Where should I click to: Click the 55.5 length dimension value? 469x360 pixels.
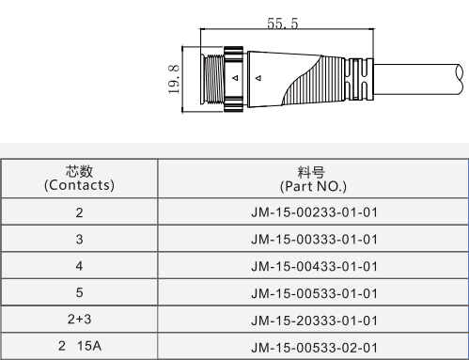[x=283, y=23]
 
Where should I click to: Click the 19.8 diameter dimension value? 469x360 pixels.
[x=174, y=79]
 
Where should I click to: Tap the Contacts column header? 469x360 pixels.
[x=79, y=179]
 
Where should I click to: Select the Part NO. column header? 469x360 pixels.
[x=313, y=180]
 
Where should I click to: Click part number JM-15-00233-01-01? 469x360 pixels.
[x=314, y=212]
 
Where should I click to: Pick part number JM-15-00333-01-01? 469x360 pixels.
[x=314, y=240]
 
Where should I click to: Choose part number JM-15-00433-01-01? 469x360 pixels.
[x=314, y=266]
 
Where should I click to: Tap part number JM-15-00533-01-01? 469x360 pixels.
[x=314, y=293]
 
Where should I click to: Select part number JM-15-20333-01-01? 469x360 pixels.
[x=314, y=321]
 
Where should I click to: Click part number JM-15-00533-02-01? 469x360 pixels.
[x=314, y=348]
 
